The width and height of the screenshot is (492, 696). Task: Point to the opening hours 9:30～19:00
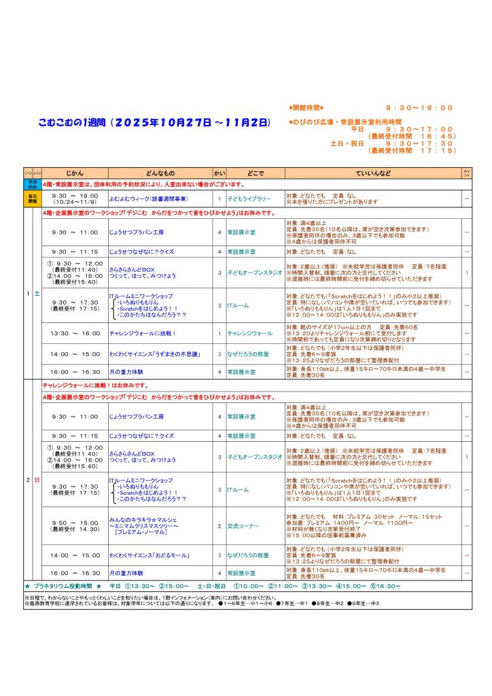tap(419, 107)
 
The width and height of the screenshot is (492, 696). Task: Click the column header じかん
tap(75, 174)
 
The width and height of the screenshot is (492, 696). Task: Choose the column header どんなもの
tap(160, 174)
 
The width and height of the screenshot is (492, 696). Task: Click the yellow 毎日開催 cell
tap(32, 198)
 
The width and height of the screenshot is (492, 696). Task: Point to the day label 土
tap(37, 293)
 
